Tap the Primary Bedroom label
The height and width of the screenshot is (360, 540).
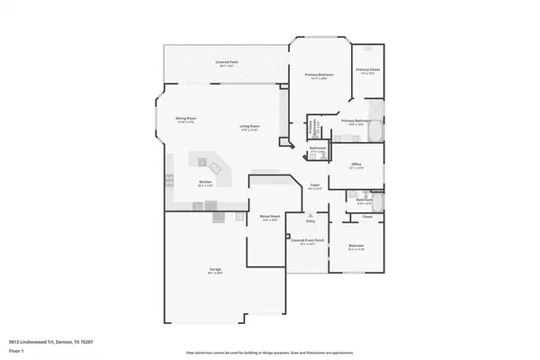[x=312, y=75]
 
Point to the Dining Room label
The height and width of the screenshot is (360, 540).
[x=185, y=119]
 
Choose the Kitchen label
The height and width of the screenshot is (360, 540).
[x=205, y=182]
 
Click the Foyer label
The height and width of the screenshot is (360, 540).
[x=315, y=185]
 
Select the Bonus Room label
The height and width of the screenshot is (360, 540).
[x=265, y=218]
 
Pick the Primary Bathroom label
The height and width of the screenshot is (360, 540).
[x=356, y=121]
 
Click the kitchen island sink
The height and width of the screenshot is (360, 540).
[x=215, y=167]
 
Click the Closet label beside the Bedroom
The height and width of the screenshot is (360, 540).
[x=367, y=217]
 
